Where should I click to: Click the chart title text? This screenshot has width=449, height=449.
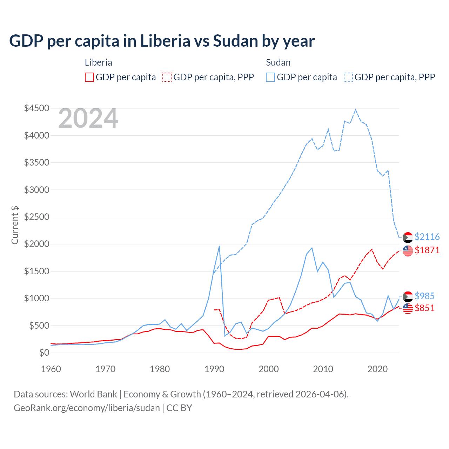tap(162, 41)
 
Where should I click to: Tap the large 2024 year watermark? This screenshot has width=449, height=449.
tap(88, 119)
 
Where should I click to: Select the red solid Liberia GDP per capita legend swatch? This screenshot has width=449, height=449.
tap(89, 77)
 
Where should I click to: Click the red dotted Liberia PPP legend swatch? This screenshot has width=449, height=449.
tap(167, 77)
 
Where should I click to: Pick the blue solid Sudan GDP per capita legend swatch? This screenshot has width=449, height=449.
tap(270, 77)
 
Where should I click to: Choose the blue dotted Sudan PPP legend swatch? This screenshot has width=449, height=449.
tap(348, 77)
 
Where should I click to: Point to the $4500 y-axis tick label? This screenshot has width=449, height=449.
tap(36, 108)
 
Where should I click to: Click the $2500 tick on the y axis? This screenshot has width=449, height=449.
tap(36, 217)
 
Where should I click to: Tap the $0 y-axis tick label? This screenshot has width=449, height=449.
tap(44, 353)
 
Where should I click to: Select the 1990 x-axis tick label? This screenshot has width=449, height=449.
tap(214, 369)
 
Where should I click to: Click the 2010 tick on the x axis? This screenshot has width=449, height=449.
tap(323, 369)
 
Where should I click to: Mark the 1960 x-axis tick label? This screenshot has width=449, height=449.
tap(51, 369)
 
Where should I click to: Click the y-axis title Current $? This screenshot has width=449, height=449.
tap(15, 225)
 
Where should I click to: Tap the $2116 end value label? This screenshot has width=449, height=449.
tap(427, 237)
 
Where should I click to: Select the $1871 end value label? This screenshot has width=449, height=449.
tap(427, 250)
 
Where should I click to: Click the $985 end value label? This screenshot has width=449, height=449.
tap(424, 296)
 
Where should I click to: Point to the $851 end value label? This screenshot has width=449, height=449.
tap(424, 308)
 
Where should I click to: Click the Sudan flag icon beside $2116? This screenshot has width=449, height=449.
tap(408, 237)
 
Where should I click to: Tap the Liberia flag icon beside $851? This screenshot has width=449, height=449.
tap(408, 309)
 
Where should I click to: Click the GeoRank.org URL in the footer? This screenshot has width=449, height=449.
tap(87, 408)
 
